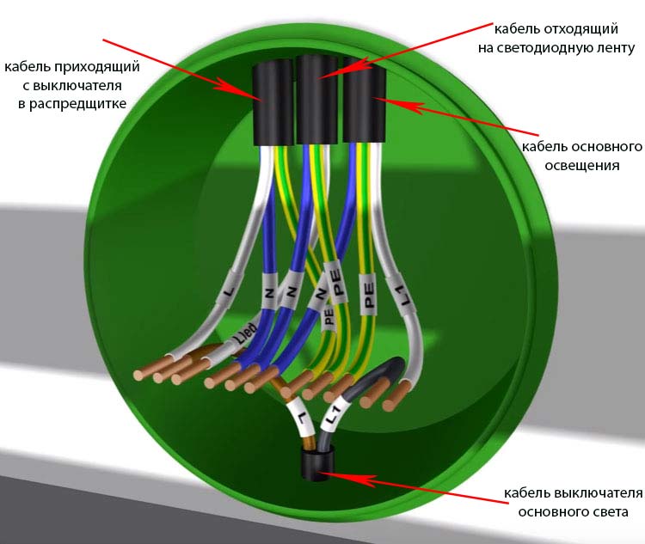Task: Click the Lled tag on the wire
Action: [244, 334]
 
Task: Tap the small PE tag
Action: [329, 316]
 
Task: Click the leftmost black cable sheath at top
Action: [273, 102]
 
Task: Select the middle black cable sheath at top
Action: [317, 100]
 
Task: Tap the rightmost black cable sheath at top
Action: [364, 100]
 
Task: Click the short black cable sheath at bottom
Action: [316, 464]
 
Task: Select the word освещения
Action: [581, 166]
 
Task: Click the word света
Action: [611, 512]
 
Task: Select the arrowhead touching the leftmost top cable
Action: [240, 91]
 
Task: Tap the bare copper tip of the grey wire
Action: [372, 393]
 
